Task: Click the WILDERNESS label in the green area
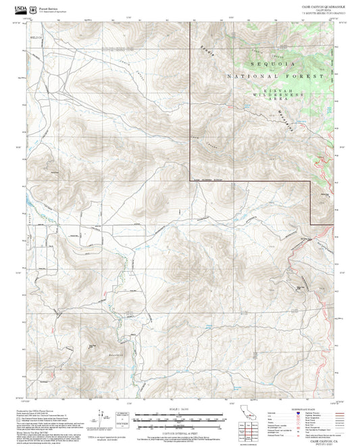click(x=282, y=97)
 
